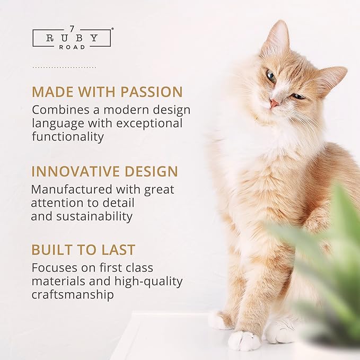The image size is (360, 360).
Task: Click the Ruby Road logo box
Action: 72,38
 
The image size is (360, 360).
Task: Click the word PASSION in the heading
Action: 152,92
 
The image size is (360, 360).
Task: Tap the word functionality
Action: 67,136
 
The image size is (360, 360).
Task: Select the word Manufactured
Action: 71,189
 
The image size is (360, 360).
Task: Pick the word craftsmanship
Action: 73,295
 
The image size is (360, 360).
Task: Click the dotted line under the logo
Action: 64,67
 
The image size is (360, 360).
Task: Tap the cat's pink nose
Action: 274,102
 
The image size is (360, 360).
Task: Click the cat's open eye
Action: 271,76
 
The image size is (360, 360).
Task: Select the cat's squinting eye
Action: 298,96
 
